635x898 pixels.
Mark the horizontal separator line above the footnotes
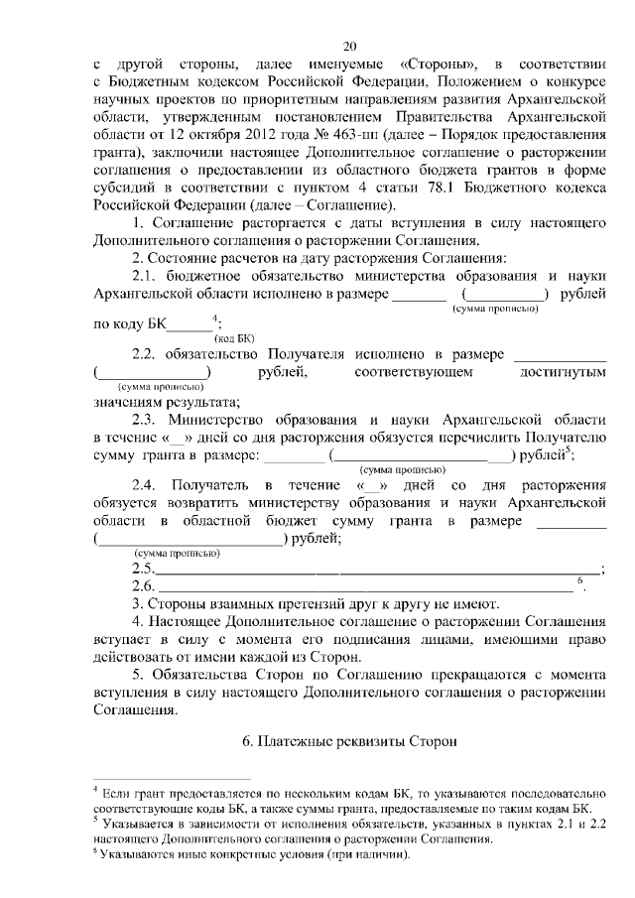[x=173, y=779]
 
